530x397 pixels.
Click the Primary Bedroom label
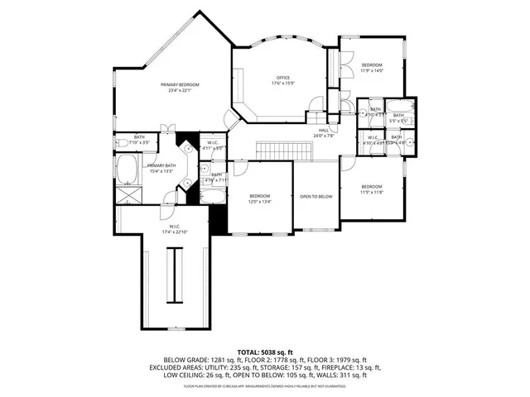pyautogui.click(x=180, y=84)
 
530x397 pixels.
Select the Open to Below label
pyautogui.click(x=316, y=196)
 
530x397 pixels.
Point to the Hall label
pyautogui.click(x=323, y=131)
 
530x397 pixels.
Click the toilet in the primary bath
pyautogui.click(x=122, y=142)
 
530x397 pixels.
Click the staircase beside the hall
pyautogui.click(x=273, y=151)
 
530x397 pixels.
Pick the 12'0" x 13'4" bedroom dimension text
pyautogui.click(x=261, y=201)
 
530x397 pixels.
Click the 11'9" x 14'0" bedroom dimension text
pyautogui.click(x=371, y=70)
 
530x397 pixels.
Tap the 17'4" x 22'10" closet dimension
pyautogui.click(x=176, y=232)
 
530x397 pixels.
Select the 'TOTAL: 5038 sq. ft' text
pyautogui.click(x=264, y=352)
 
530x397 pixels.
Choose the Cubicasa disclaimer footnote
pyautogui.click(x=264, y=385)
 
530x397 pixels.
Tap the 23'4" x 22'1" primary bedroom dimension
pyautogui.click(x=180, y=90)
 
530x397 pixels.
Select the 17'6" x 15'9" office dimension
pyautogui.click(x=283, y=84)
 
